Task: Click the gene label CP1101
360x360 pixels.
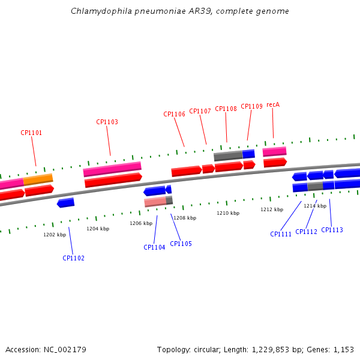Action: click(31, 133)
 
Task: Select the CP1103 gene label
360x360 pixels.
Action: click(107, 122)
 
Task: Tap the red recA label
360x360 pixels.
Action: click(273, 104)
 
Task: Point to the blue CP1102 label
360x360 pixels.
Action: click(73, 258)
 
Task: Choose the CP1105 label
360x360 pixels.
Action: click(181, 244)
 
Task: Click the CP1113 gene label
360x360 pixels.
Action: click(332, 230)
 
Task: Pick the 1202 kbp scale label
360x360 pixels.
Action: click(55, 235)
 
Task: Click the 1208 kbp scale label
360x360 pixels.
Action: click(185, 218)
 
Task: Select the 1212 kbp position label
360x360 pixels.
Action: click(272, 209)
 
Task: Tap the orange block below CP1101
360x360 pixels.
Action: click(38, 179)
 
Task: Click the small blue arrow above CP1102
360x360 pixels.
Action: click(65, 203)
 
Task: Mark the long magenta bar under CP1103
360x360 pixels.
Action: click(112, 169)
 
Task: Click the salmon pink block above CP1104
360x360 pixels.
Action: click(155, 202)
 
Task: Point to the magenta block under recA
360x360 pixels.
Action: click(275, 152)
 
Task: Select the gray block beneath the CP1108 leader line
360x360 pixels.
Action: click(228, 156)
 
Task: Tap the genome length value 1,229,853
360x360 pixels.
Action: click(271, 350)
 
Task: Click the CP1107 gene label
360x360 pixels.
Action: click(200, 111)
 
